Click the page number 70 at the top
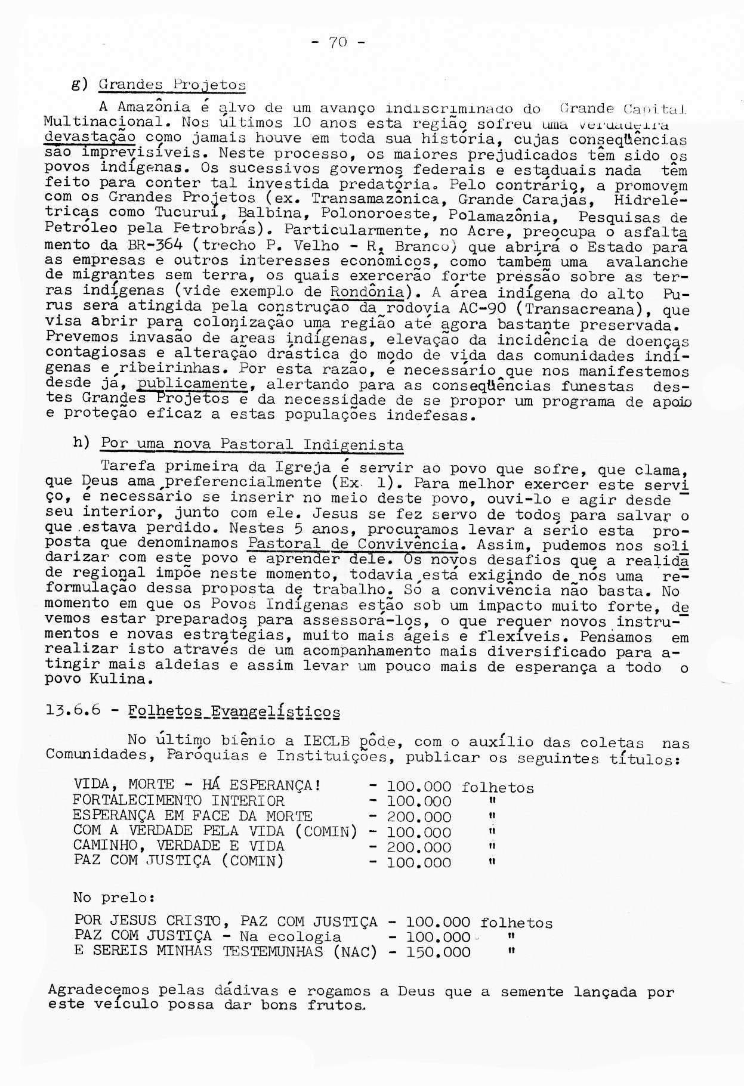coord(338,43)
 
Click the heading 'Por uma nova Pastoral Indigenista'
coord(252,444)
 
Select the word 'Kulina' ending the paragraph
coord(116,679)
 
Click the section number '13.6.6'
coord(74,711)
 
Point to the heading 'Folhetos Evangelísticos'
coord(235,711)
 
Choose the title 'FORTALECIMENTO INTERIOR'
coord(178,801)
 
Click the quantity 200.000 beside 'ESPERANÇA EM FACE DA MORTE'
coord(419,816)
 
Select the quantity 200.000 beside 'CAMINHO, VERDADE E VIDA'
coord(419,847)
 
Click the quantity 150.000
coord(438,952)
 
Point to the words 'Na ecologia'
coord(290,937)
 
